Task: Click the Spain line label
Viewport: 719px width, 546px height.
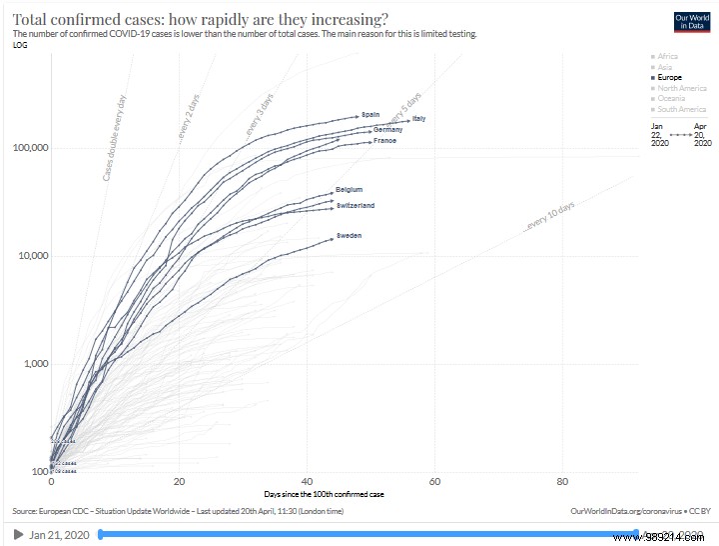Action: (x=370, y=115)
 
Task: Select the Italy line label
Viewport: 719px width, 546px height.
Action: (x=419, y=120)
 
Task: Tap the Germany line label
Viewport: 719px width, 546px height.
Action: (x=387, y=130)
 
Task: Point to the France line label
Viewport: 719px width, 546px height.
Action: (x=384, y=141)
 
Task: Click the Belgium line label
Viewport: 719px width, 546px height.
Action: (x=349, y=189)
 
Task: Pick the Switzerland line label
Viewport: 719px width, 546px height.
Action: (x=356, y=205)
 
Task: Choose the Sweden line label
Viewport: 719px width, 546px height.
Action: (x=349, y=235)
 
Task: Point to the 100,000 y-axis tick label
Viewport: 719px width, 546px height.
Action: (x=30, y=148)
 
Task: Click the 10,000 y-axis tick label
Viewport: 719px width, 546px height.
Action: (x=32, y=256)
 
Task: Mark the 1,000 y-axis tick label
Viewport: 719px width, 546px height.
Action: (x=35, y=364)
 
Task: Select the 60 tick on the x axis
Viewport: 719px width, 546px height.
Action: (x=434, y=481)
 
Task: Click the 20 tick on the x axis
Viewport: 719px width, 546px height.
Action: (x=179, y=481)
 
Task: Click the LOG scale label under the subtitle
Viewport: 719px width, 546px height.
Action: (x=19, y=45)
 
